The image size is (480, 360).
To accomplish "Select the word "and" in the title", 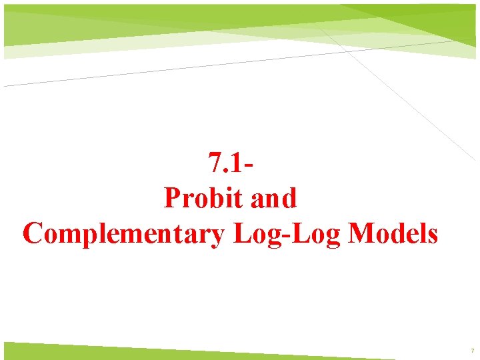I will point(271,198).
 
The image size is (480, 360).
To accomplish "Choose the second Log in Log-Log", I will point(319,235).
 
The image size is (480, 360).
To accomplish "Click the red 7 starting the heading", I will point(215,162).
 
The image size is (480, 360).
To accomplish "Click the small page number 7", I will point(472,351).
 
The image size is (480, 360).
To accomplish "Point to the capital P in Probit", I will point(172,198).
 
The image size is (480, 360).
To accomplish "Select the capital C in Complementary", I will point(33,234).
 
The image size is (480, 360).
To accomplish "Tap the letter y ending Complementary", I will point(216,237).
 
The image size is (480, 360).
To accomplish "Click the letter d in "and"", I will point(289,198).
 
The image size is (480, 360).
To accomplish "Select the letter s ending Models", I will point(433,235).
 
